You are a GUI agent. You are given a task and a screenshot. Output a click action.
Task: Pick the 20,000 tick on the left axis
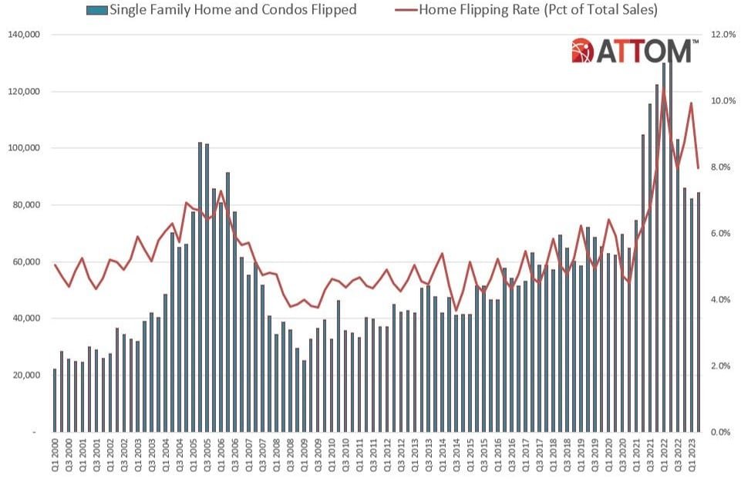point(29,376)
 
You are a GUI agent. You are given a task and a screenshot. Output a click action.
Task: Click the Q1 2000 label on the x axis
point(54,457)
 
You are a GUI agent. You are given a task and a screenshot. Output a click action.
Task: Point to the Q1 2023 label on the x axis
point(690,457)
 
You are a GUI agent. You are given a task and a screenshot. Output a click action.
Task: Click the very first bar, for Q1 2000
point(54,400)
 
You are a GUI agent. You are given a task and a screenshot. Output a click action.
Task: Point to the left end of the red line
point(54,265)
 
